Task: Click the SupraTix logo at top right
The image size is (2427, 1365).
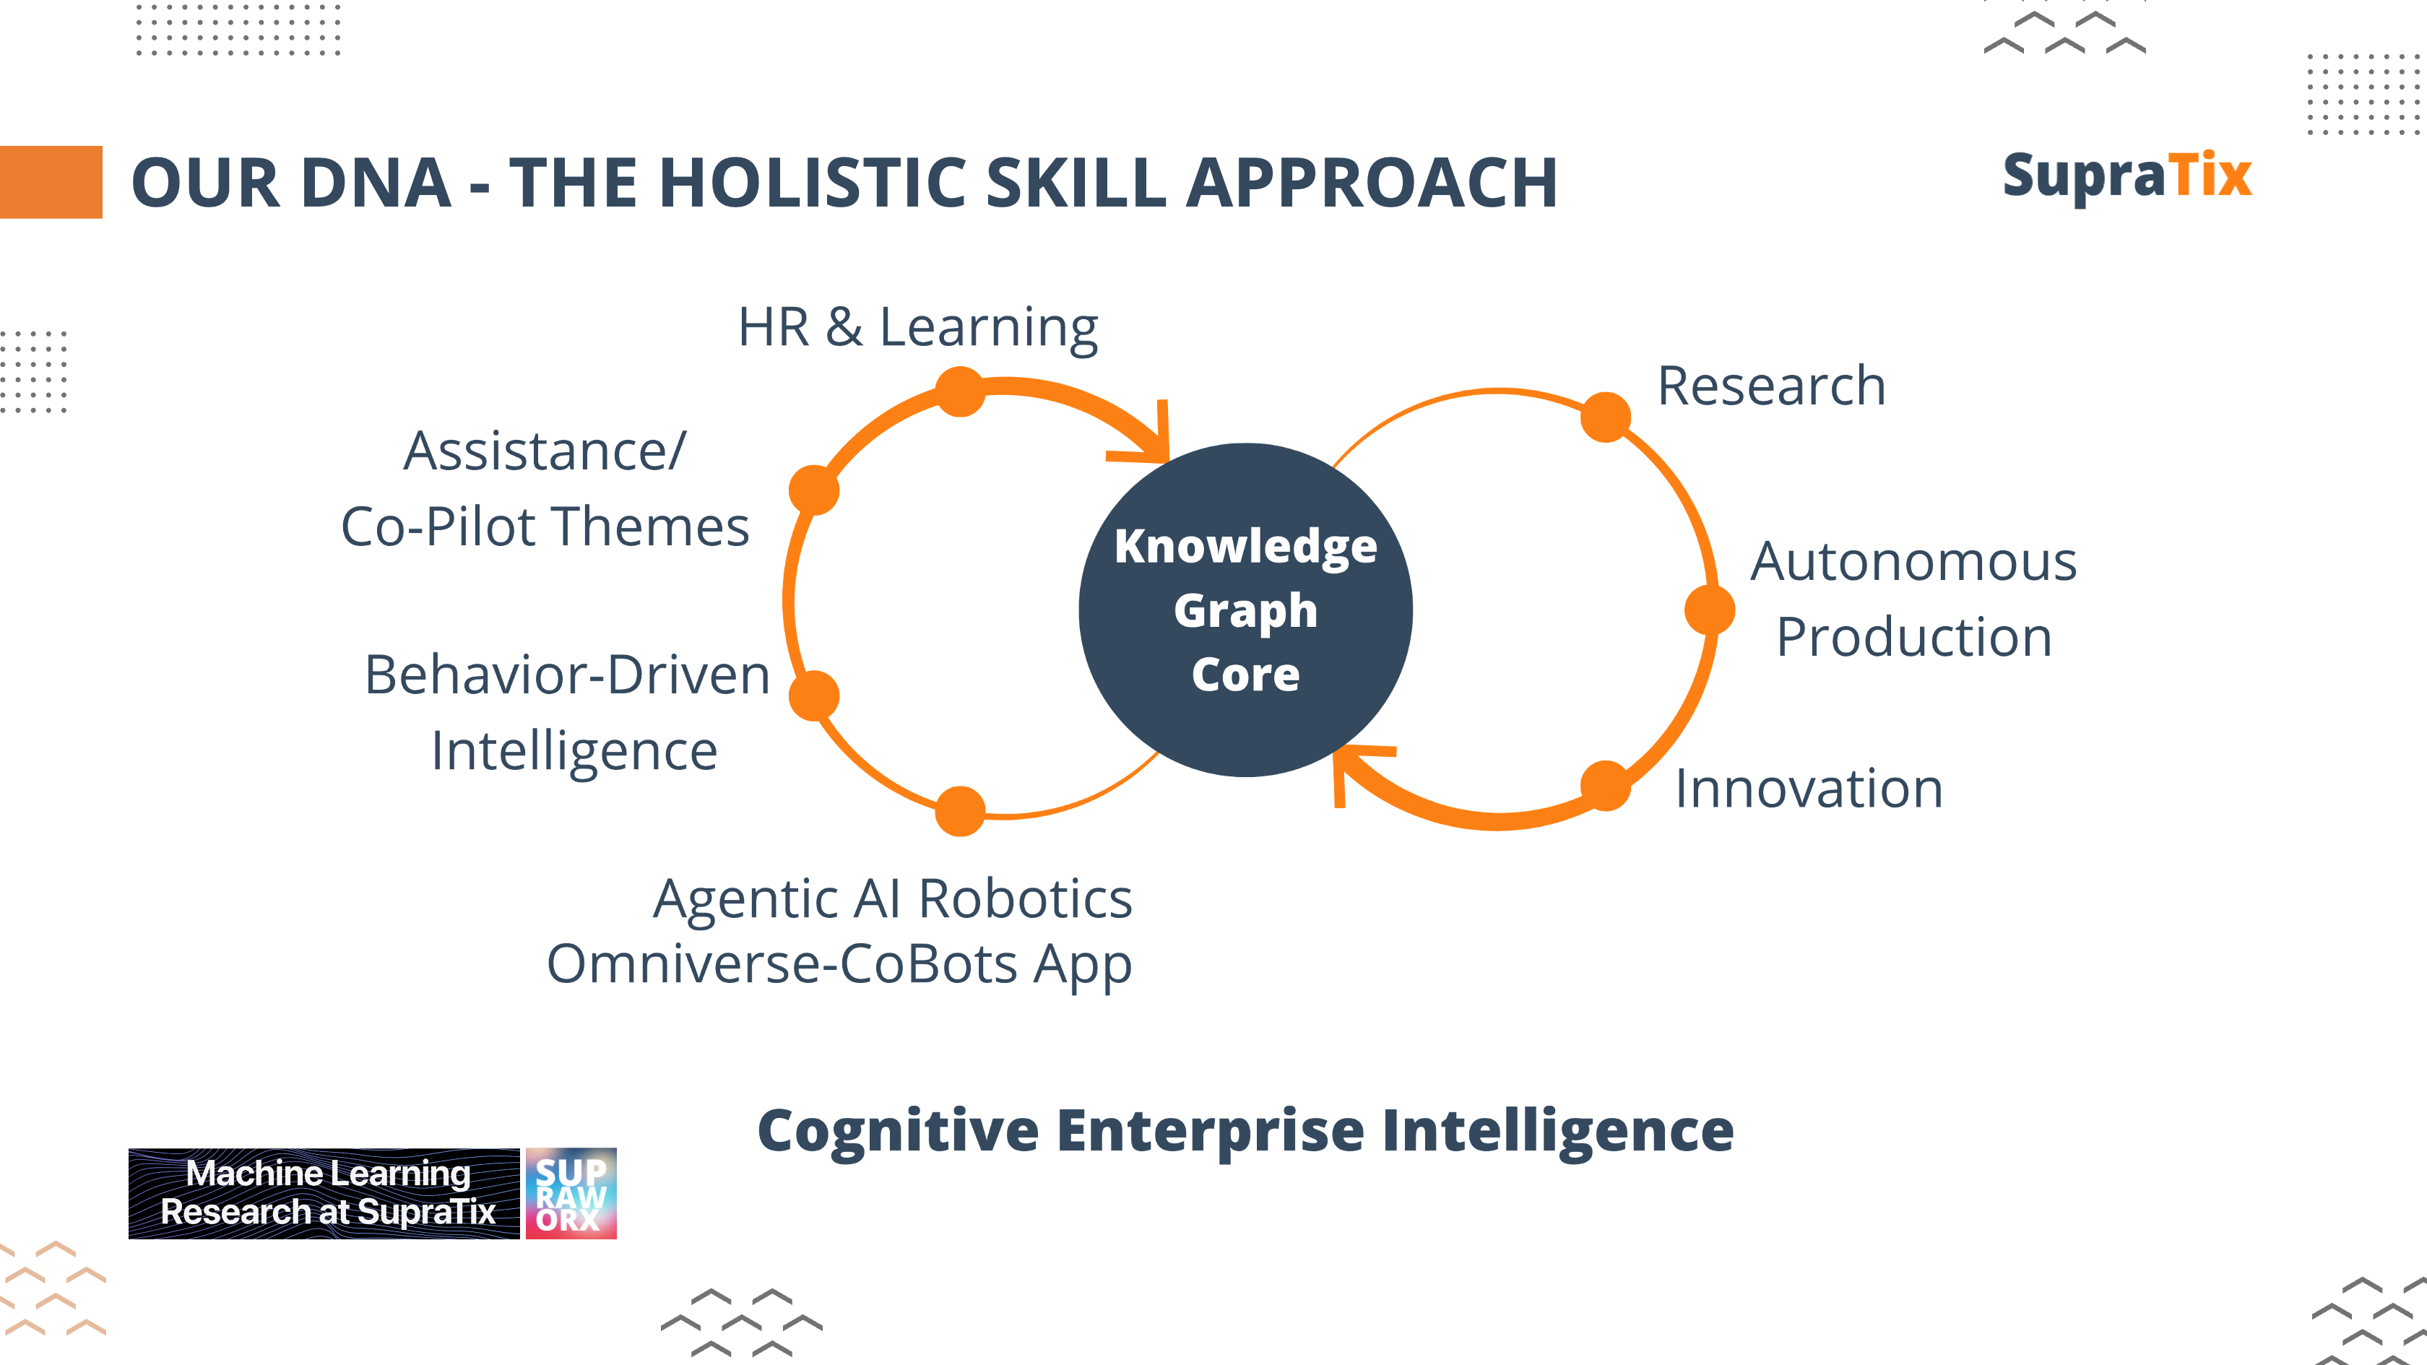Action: pyautogui.click(x=2127, y=176)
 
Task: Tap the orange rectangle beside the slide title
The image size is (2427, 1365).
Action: pyautogui.click(x=51, y=182)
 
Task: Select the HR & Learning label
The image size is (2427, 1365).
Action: pyautogui.click(x=917, y=328)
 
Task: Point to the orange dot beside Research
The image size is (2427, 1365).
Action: pyautogui.click(x=1606, y=417)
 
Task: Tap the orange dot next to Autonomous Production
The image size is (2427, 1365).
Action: pyautogui.click(x=1709, y=610)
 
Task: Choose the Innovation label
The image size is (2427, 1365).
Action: pyautogui.click(x=1809, y=789)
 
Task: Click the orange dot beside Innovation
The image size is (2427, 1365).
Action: pyautogui.click(x=1606, y=786)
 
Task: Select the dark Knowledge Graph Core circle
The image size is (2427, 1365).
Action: pyautogui.click(x=1245, y=610)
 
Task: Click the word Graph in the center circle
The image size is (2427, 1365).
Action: pyautogui.click(x=1245, y=612)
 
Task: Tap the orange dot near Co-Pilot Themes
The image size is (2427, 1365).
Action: pyautogui.click(x=814, y=490)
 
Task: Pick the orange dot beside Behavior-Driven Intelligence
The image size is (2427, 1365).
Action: pyautogui.click(x=814, y=695)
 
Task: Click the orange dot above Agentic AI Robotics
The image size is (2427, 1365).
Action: pyautogui.click(x=960, y=811)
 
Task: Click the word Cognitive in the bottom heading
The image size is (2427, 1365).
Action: pyautogui.click(x=898, y=1132)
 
